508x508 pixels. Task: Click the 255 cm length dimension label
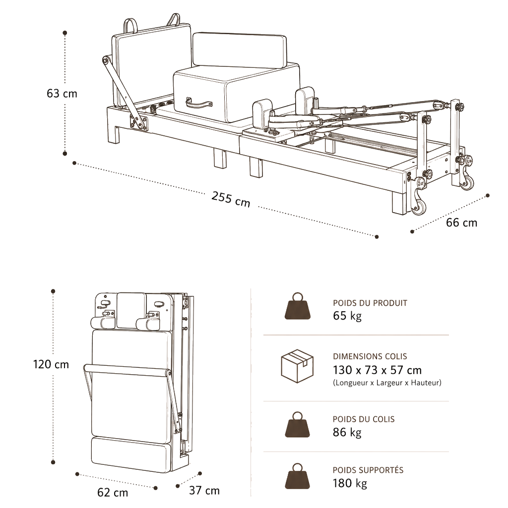pos(231,199)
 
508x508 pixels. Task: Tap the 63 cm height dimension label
pos(62,94)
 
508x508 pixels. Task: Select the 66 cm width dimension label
pos(461,223)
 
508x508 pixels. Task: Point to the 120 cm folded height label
pos(51,364)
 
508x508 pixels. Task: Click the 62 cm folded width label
pos(113,493)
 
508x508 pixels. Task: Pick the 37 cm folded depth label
pos(204,490)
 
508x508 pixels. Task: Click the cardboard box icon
pos(297,366)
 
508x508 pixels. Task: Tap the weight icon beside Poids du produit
pos(298,306)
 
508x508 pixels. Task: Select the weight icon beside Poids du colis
pos(298,424)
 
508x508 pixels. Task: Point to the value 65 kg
pos(347,316)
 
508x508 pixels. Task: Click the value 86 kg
pos(347,433)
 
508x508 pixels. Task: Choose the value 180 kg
pos(350,483)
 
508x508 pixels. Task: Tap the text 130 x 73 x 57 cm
pos(377,370)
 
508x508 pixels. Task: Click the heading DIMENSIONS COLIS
pos(370,356)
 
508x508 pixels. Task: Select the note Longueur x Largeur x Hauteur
pos(387,383)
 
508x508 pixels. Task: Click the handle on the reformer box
pos(198,104)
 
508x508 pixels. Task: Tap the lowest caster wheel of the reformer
pos(420,207)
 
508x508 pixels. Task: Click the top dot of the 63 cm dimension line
pos(65,33)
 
